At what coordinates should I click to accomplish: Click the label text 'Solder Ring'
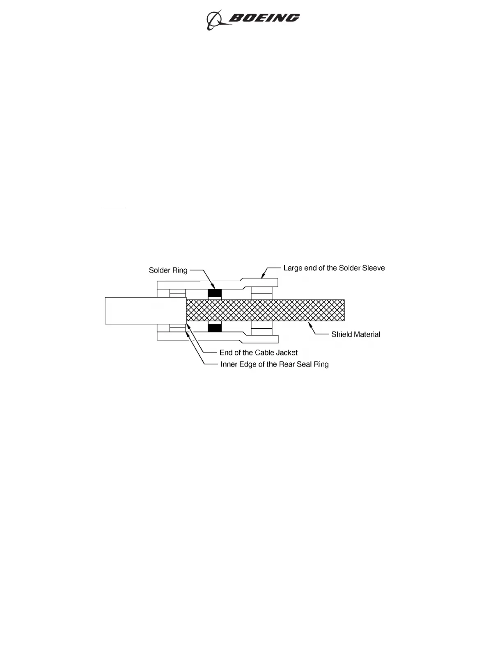[168, 270]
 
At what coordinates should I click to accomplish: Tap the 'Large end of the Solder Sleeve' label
[334, 268]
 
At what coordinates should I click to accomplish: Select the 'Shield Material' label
[355, 334]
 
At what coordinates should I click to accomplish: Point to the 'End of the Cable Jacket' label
[258, 352]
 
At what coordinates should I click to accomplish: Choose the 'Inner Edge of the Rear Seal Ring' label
[275, 364]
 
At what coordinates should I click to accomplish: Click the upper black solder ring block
[215, 293]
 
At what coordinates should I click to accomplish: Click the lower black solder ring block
[215, 327]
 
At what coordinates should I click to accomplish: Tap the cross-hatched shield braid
[265, 310]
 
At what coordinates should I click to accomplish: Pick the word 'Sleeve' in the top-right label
[373, 268]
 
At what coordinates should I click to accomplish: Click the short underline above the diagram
[115, 208]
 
